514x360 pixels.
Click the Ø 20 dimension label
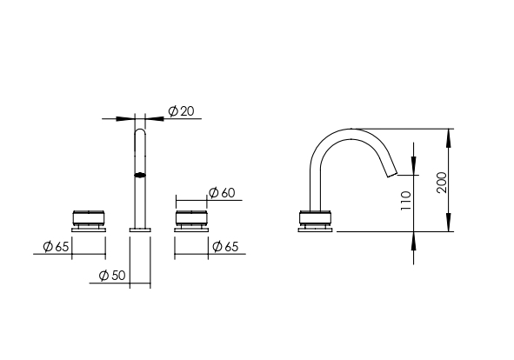click(181, 111)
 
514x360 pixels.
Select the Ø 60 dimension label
click(222, 192)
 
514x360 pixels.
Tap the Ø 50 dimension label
click(112, 276)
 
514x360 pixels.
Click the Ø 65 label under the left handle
click(56, 246)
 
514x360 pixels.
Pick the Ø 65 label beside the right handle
click(225, 246)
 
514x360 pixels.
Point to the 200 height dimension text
click(442, 183)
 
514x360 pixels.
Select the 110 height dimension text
click(406, 201)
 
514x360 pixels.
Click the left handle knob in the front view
click(89, 218)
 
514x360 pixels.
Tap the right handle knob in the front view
click(191, 218)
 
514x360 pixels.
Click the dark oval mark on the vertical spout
click(140, 176)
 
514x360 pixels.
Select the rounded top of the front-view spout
click(140, 131)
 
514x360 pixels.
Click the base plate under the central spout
click(140, 230)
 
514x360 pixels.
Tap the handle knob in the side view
click(315, 218)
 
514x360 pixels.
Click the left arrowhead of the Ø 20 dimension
click(125, 118)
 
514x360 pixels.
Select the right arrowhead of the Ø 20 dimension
click(155, 118)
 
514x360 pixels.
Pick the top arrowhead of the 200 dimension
click(449, 138)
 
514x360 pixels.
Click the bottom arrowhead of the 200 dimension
click(449, 222)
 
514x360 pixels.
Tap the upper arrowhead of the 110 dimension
click(414, 166)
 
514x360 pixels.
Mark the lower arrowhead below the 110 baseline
click(414, 241)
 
